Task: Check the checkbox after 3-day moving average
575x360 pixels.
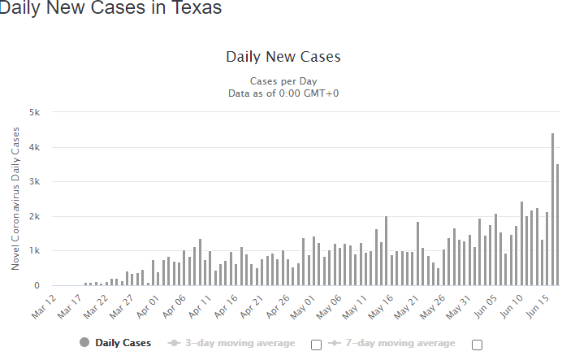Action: coord(317,344)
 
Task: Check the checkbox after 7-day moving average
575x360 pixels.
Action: coord(477,344)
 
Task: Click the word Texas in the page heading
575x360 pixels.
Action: coord(193,9)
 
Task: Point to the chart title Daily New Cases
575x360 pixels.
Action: coord(283,57)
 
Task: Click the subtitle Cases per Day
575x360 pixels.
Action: coord(283,81)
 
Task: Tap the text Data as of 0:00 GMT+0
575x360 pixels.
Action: coord(283,93)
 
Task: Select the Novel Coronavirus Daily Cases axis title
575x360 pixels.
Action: coord(15,200)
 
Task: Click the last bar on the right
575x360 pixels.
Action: coord(557,225)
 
